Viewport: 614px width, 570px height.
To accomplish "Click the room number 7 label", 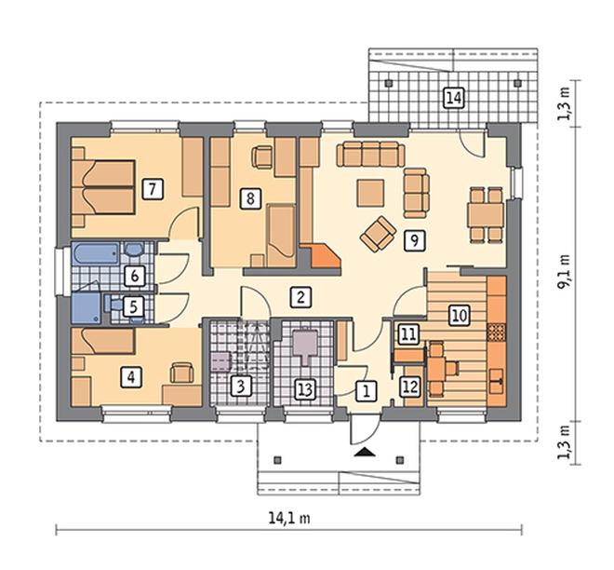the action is pyautogui.click(x=153, y=189).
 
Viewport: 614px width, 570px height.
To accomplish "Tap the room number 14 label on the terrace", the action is pyautogui.click(x=453, y=98).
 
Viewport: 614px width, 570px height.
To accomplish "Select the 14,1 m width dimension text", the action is pyautogui.click(x=289, y=518).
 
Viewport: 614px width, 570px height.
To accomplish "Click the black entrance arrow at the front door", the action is pyautogui.click(x=365, y=453).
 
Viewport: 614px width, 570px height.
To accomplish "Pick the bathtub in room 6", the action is pyautogui.click(x=96, y=254).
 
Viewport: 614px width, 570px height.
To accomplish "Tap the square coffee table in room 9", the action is pyautogui.click(x=370, y=193).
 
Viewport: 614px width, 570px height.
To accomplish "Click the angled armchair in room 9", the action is pyautogui.click(x=378, y=234).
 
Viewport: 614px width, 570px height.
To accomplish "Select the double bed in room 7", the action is pyautogui.click(x=103, y=187).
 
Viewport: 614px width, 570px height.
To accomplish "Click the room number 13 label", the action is pyautogui.click(x=305, y=389).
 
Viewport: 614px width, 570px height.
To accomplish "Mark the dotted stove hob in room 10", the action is pyautogui.click(x=497, y=332).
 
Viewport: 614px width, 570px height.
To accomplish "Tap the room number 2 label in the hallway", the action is pyautogui.click(x=300, y=297).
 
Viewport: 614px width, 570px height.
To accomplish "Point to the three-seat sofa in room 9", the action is pyautogui.click(x=370, y=154).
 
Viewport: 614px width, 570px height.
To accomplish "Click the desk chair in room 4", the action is pyautogui.click(x=181, y=372).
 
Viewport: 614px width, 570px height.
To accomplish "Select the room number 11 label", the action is pyautogui.click(x=408, y=334).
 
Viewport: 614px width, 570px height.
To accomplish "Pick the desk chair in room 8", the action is pyautogui.click(x=262, y=157).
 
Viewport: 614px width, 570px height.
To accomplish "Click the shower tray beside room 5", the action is pyautogui.click(x=87, y=308).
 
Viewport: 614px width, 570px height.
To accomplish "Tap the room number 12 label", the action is pyautogui.click(x=410, y=387).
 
